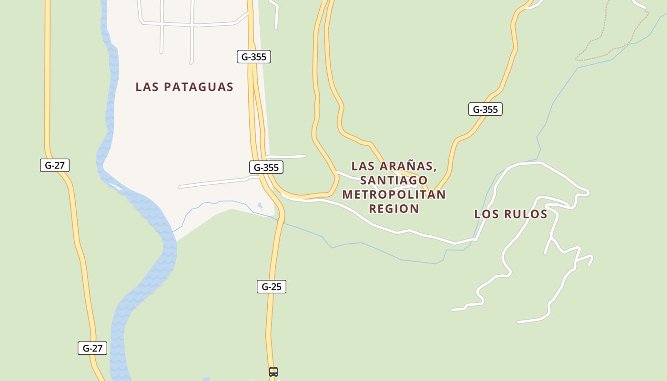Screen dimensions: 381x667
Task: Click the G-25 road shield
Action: pyautogui.click(x=272, y=287)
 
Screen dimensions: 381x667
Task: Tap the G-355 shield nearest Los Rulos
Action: pyautogui.click(x=485, y=109)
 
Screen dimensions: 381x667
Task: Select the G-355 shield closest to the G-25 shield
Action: pyautogui.click(x=266, y=167)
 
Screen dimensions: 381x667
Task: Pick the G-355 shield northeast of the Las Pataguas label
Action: pyautogui.click(x=254, y=57)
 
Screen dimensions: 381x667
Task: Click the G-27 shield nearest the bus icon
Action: pyautogui.click(x=92, y=348)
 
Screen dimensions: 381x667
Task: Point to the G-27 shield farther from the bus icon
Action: pyautogui.click(x=55, y=165)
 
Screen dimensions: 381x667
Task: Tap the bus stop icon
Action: pyautogui.click(x=273, y=372)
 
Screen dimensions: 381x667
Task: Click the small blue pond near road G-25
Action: pyautogui.click(x=260, y=206)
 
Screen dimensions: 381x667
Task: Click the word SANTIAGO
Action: pyautogui.click(x=394, y=180)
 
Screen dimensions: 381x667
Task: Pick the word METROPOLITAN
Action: pyautogui.click(x=394, y=194)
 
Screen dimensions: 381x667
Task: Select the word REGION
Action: pyautogui.click(x=394, y=209)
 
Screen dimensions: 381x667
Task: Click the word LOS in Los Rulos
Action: pyautogui.click(x=486, y=214)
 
